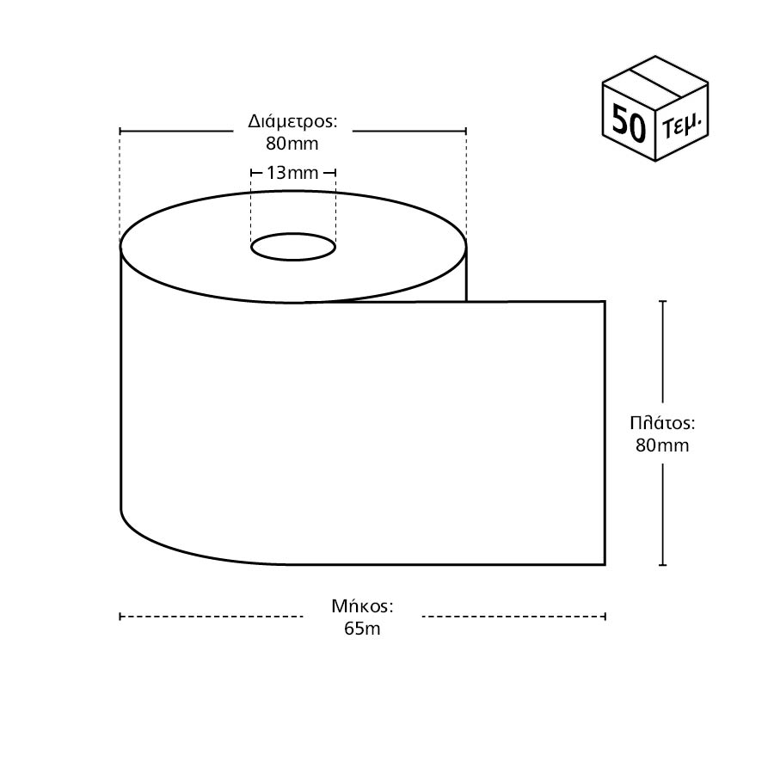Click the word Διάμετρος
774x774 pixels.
click(292, 120)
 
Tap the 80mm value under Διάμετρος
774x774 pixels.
click(292, 142)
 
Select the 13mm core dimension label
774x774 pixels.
click(292, 173)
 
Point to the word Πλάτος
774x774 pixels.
click(662, 423)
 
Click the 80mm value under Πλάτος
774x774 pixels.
click(662, 445)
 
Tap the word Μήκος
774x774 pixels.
click(363, 606)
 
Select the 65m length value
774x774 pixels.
click(363, 628)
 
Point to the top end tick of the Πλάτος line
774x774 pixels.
click(662, 301)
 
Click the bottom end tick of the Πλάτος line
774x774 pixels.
click(662, 565)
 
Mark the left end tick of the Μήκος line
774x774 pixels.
click(120, 616)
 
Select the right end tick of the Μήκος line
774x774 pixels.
click(605, 616)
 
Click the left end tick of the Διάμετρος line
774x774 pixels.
click(120, 131)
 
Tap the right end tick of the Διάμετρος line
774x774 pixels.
click(466, 131)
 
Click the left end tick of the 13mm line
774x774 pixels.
click(250, 173)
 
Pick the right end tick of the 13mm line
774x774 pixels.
click(335, 173)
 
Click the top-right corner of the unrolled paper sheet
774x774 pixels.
click(605, 302)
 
